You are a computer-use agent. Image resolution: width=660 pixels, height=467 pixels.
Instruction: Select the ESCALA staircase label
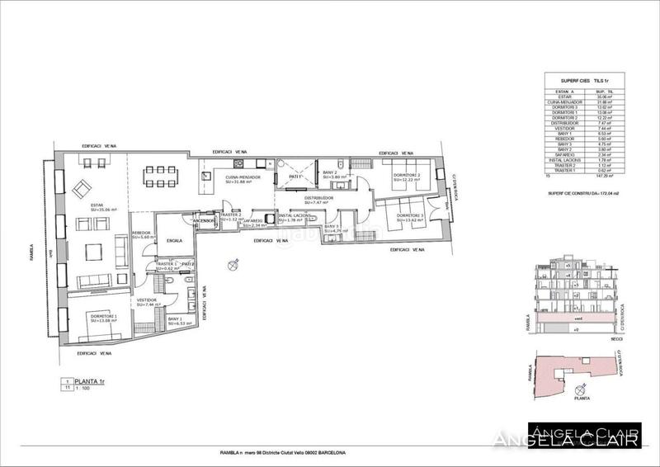click(174, 241)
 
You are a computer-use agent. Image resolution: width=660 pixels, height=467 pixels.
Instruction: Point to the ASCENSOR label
click(203, 221)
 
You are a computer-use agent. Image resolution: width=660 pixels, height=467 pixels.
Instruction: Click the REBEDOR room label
click(141, 234)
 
